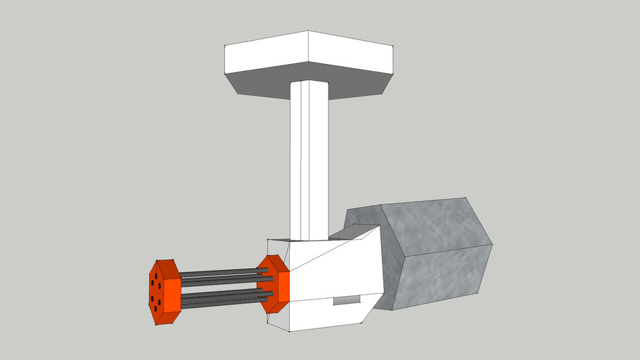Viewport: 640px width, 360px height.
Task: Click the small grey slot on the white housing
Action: tap(345, 300)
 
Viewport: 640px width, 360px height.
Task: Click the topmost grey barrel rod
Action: tap(218, 271)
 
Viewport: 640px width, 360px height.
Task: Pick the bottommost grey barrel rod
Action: tap(218, 304)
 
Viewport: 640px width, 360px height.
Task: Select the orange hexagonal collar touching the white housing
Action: tap(274, 284)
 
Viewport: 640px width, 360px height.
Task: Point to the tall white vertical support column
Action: tap(309, 162)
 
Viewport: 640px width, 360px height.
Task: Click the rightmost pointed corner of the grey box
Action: tap(492, 245)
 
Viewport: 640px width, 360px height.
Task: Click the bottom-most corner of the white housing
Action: tap(290, 331)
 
